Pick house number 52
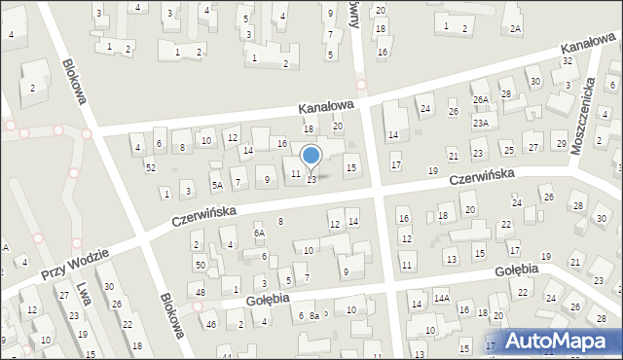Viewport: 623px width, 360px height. click(x=150, y=168)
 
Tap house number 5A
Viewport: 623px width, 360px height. click(x=218, y=185)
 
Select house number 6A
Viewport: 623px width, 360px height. click(x=259, y=234)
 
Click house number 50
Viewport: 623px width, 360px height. click(x=200, y=265)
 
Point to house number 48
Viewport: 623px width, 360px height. click(x=200, y=293)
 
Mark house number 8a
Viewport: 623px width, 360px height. click(x=314, y=316)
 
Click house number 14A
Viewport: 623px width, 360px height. click(x=441, y=298)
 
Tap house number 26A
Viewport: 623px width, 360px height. click(x=480, y=99)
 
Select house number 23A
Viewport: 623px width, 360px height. click(x=480, y=124)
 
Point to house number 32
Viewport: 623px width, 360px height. click(x=567, y=61)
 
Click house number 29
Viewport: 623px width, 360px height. click(x=561, y=144)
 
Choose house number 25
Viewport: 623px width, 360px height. click(x=508, y=150)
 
